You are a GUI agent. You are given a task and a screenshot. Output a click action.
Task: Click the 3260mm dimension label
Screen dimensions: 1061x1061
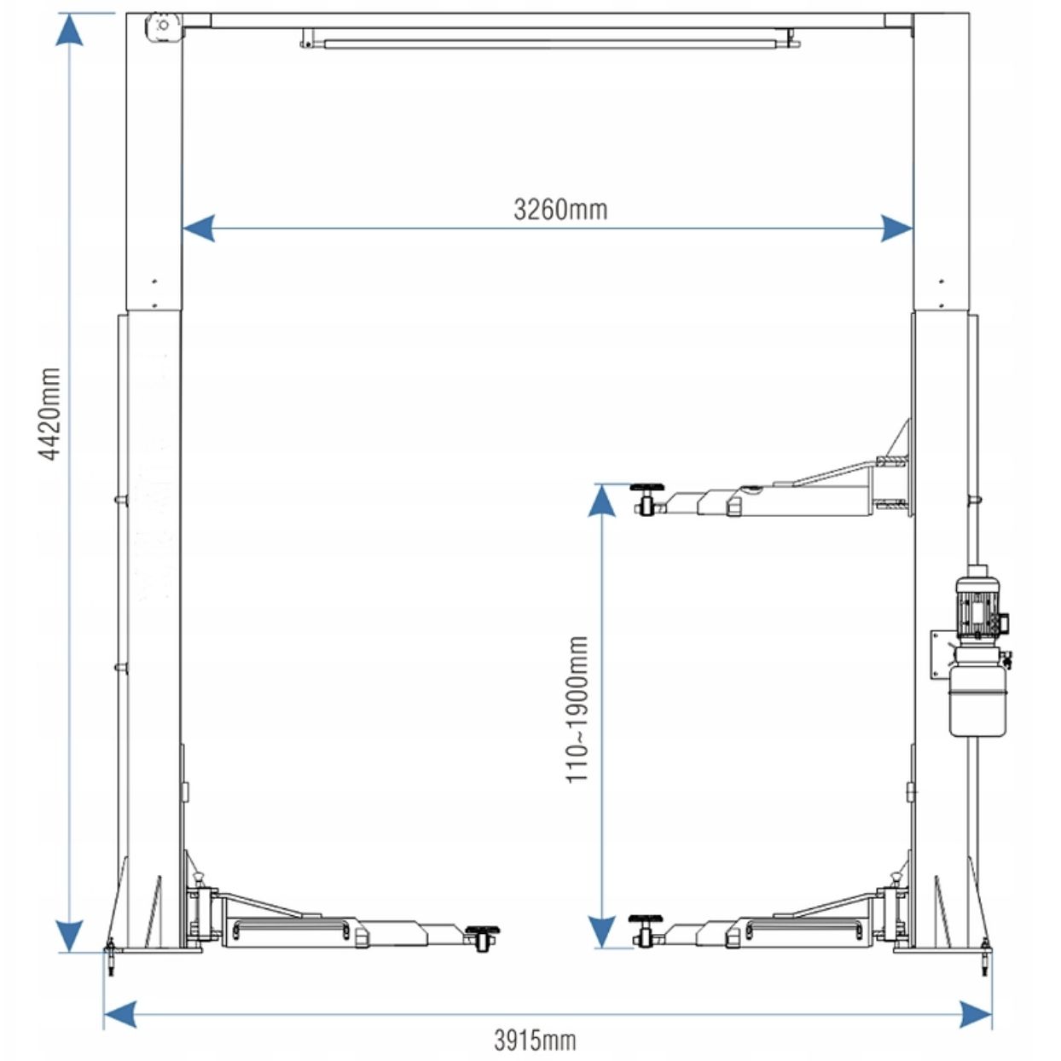pyautogui.click(x=560, y=210)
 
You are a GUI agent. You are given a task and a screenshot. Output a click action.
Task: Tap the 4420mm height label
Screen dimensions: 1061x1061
pyautogui.click(x=49, y=414)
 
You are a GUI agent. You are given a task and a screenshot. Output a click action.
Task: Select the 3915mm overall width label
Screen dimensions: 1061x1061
pyautogui.click(x=535, y=1040)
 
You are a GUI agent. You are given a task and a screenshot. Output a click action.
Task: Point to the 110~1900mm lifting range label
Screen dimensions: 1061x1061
pyautogui.click(x=577, y=709)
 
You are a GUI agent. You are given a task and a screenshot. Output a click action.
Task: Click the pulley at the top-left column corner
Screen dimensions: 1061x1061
pyautogui.click(x=163, y=26)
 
